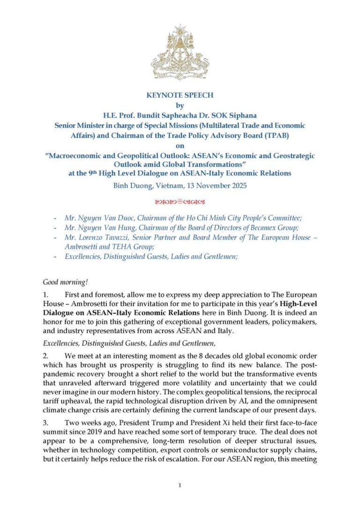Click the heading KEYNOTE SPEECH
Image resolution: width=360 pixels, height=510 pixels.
pyautogui.click(x=180, y=95)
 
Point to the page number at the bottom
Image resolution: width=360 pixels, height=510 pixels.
pyautogui.click(x=180, y=485)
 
